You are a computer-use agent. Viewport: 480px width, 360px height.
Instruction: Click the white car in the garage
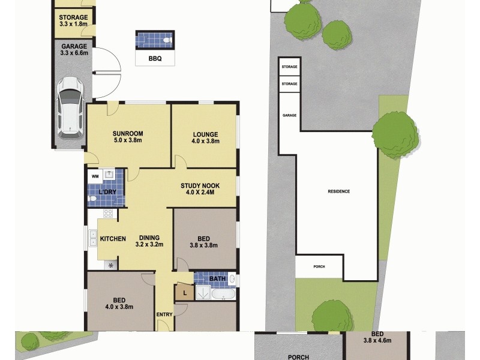coord(70,107)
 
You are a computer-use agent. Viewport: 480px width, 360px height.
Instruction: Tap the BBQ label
coord(155,58)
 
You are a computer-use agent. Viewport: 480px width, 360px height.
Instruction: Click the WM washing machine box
coord(95,176)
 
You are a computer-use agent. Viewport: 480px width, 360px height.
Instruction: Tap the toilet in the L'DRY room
coord(94,197)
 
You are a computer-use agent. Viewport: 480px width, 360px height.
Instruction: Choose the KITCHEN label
coord(113,239)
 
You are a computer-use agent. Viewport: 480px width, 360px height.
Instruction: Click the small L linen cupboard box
coord(184,293)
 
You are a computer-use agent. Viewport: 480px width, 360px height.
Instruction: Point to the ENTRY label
coord(164,314)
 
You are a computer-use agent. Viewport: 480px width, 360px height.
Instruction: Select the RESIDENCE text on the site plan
coord(338,191)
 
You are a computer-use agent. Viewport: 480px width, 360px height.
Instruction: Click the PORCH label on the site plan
coord(319,266)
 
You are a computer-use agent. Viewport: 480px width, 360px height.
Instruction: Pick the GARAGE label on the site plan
coord(290,115)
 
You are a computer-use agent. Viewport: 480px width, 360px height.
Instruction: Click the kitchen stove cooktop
coord(109,214)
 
